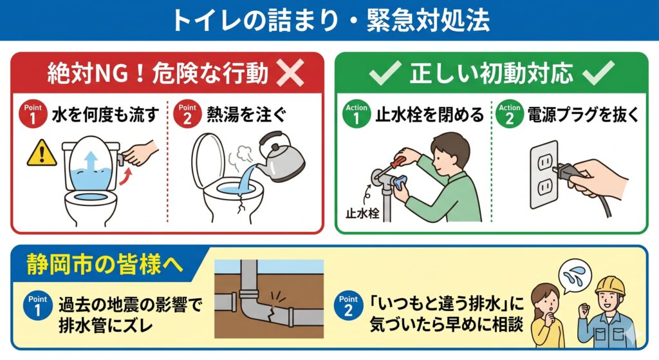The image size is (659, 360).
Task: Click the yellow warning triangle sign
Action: pos(42,153)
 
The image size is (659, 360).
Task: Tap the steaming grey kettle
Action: pos(279,158)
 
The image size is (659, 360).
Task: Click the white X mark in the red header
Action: pos(290,73)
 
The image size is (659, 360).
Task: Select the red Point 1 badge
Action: pos(33,114)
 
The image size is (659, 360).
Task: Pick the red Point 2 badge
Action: pos(187,114)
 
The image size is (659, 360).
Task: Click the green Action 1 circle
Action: pos(357,114)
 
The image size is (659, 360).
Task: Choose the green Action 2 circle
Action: pos(510,114)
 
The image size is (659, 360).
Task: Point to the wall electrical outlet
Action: pos(544,175)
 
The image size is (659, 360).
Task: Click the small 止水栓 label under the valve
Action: pos(362,213)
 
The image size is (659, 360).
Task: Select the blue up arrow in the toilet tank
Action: pos(91,162)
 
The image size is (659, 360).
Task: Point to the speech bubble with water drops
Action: pos(575,276)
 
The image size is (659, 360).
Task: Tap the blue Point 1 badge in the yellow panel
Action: pos(38,306)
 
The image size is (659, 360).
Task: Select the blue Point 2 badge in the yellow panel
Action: pos(348,306)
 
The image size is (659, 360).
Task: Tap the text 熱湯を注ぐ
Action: pos(246,115)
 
